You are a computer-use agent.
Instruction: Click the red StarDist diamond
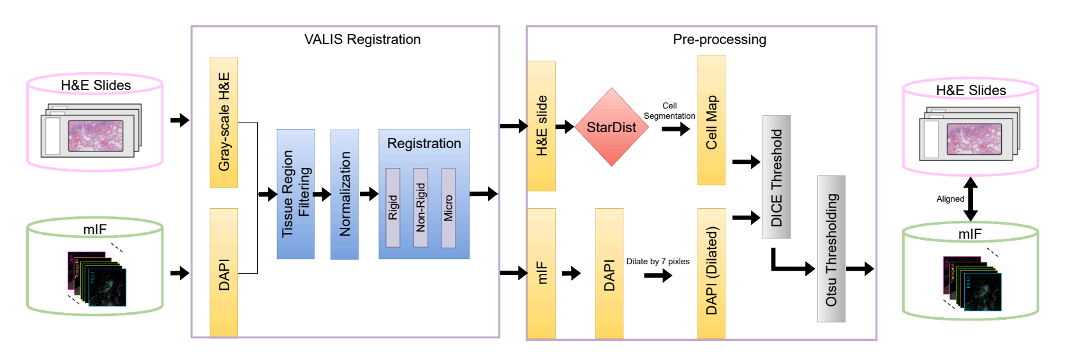click(611, 127)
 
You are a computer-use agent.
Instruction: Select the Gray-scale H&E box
click(224, 122)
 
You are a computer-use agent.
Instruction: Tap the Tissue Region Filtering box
click(295, 194)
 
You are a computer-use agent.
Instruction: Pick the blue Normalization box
click(345, 194)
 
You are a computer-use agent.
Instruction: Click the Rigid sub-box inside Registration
click(393, 207)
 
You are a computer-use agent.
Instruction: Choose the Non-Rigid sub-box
click(421, 207)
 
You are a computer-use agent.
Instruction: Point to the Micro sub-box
click(449, 208)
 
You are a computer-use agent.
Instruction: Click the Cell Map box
click(711, 120)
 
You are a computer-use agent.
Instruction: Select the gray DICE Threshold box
click(777, 177)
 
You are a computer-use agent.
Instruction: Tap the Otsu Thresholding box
click(831, 249)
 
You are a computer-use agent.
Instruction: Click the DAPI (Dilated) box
click(711, 273)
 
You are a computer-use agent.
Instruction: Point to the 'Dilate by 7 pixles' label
click(657, 262)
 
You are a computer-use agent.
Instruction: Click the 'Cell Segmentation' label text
click(669, 111)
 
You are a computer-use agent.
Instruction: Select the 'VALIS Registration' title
click(362, 40)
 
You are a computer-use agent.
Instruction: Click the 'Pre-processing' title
click(719, 40)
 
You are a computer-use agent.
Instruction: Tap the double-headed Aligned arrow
click(971, 199)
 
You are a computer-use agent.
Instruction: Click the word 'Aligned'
click(950, 199)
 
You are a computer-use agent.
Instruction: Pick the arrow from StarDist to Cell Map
click(676, 129)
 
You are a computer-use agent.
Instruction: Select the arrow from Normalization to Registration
click(369, 194)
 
